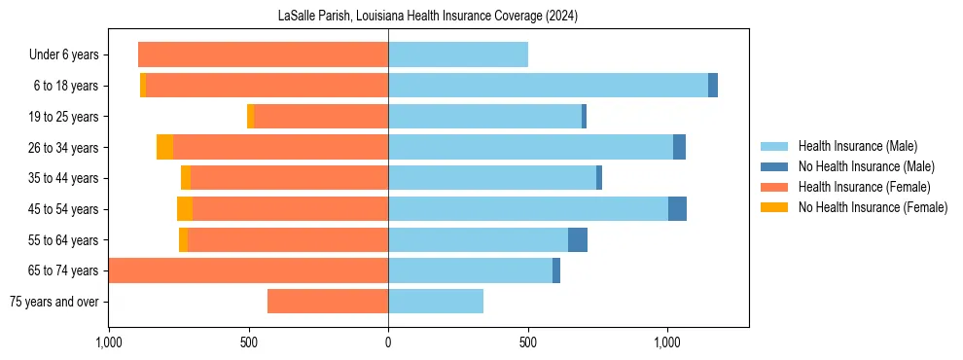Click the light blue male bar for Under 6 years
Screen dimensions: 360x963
point(457,54)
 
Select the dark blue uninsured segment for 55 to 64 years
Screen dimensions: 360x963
point(578,240)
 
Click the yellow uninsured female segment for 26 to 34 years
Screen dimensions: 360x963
point(164,147)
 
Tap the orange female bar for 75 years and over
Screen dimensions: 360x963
point(328,302)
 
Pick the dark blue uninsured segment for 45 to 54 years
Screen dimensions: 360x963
point(677,209)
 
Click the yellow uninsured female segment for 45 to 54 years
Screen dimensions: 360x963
point(185,209)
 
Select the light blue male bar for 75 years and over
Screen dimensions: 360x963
point(436,302)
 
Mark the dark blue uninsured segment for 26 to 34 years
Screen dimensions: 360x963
point(679,147)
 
